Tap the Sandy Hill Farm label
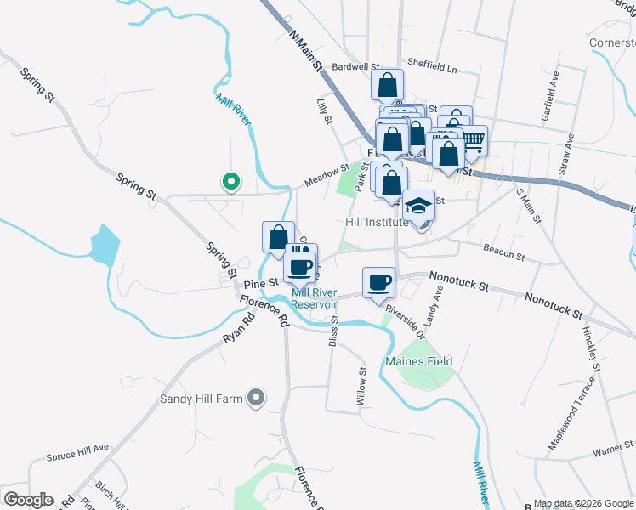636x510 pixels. (202, 398)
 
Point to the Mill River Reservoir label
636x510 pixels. (315, 299)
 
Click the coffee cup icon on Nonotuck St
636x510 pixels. (378, 281)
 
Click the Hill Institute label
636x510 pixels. (378, 222)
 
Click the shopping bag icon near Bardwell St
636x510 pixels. (387, 84)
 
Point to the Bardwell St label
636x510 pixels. (355, 65)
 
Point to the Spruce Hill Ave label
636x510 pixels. (78, 447)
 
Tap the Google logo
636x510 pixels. (28, 500)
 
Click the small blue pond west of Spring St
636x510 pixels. (103, 246)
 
